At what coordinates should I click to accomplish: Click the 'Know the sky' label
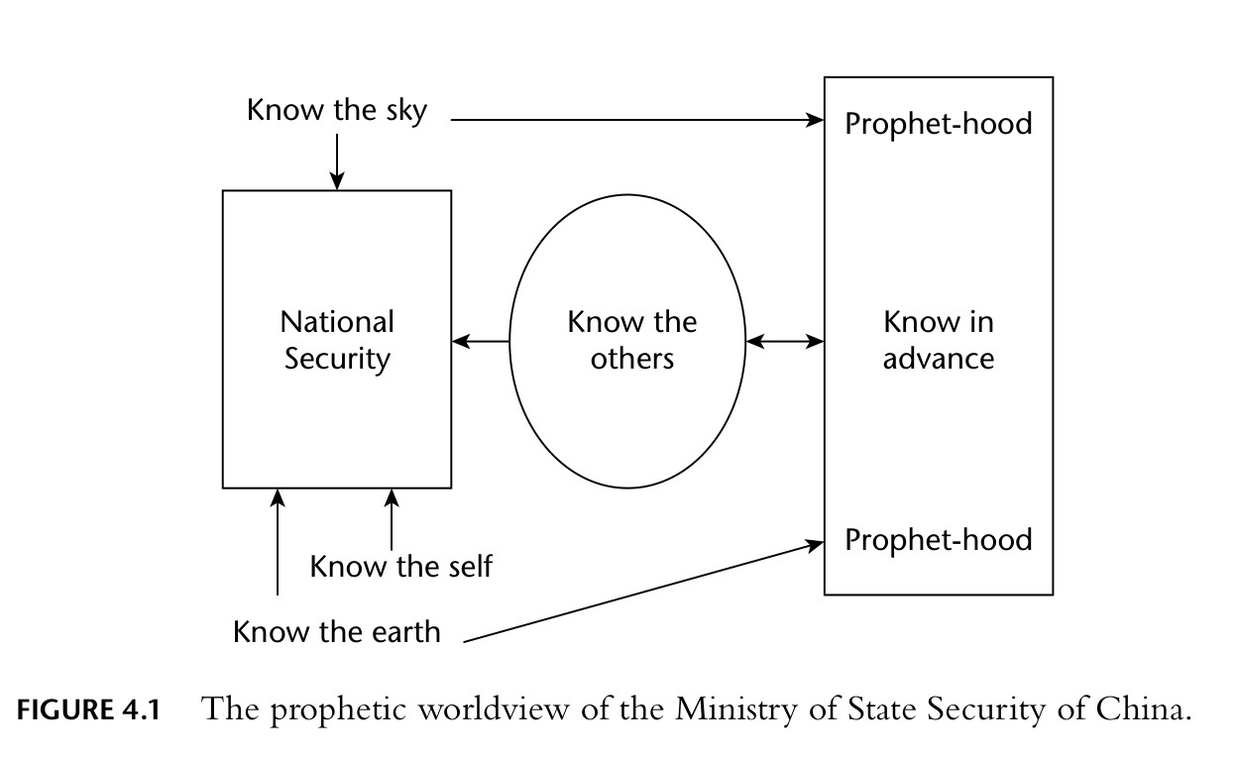tap(337, 110)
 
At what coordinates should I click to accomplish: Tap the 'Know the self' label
tap(400, 567)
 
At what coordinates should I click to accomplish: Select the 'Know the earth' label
tap(337, 631)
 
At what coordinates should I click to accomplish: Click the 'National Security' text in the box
tap(337, 340)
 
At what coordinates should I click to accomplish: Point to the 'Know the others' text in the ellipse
tap(631, 340)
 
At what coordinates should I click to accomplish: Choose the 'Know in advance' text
tap(938, 340)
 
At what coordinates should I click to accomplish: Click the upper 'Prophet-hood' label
tap(938, 124)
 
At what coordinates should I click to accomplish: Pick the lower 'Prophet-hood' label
tap(938, 540)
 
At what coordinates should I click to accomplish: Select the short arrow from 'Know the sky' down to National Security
tap(337, 160)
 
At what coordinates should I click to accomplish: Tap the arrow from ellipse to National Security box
tap(481, 342)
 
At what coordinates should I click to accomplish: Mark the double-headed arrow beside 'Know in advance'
tap(785, 342)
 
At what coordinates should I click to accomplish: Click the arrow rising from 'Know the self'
tap(392, 519)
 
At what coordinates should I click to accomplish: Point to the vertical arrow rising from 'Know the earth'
tap(278, 542)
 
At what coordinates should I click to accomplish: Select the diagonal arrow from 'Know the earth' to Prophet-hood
tap(644, 592)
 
